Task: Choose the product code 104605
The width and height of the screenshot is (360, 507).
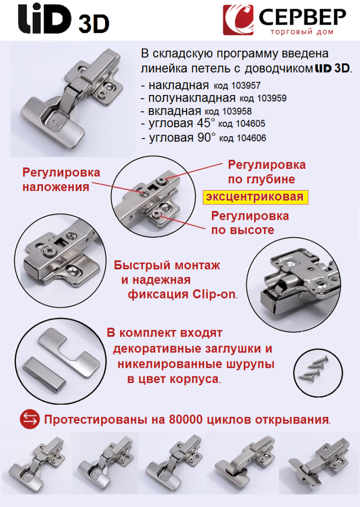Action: click(x=242, y=125)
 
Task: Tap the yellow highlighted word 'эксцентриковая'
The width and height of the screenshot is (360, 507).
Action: click(x=255, y=197)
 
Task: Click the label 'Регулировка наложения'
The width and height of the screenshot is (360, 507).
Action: click(x=61, y=180)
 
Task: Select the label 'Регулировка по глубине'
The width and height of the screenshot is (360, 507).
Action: click(x=266, y=172)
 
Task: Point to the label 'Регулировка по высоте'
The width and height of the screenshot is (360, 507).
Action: click(x=250, y=223)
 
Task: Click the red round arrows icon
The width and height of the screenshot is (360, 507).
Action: click(x=30, y=420)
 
